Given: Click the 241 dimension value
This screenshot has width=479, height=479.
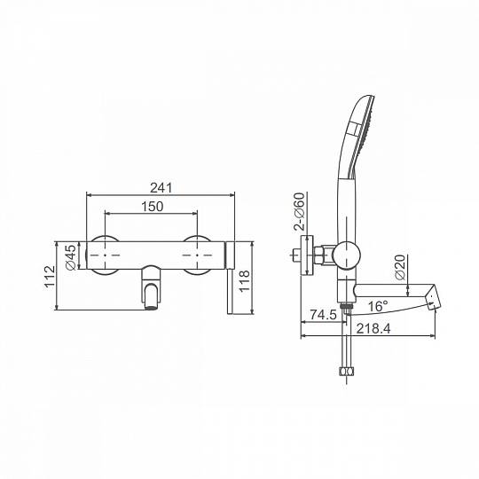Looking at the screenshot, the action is pos(161,188).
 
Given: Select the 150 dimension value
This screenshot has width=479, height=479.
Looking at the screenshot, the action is pos(153,207).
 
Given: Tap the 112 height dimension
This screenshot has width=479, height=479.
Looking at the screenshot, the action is pos(50,277).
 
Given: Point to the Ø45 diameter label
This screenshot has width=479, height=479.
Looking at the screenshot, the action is pos(71,257).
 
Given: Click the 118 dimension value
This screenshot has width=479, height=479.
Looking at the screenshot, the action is pos(244,281).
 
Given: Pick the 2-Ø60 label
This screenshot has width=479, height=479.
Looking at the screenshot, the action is pos(299,211).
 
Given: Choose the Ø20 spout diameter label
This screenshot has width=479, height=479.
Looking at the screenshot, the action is pos(400,267).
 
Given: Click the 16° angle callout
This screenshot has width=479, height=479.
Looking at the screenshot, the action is pos(378,306).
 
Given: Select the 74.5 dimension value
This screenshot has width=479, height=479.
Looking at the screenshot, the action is pos(323,314).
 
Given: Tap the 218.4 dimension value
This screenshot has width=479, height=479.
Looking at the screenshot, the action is pos(373,329).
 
